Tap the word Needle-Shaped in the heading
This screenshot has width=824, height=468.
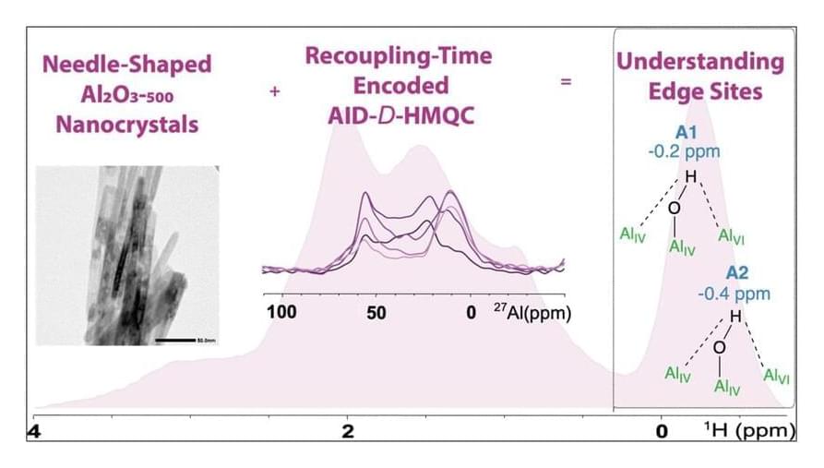click(x=127, y=66)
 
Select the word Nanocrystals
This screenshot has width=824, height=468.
click(x=127, y=124)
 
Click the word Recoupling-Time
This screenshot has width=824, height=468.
click(x=399, y=56)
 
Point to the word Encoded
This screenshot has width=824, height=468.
click(x=399, y=85)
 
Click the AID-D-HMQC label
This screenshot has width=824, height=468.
click(x=399, y=114)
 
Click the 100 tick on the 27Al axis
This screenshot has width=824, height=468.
click(x=281, y=312)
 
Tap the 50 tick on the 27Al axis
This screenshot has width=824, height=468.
click(x=376, y=312)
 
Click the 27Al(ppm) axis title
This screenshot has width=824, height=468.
click(x=531, y=312)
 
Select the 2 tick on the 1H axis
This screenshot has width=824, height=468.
click(x=348, y=432)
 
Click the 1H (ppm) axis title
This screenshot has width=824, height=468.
click(x=748, y=431)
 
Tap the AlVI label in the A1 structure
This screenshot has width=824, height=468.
click(x=731, y=237)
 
